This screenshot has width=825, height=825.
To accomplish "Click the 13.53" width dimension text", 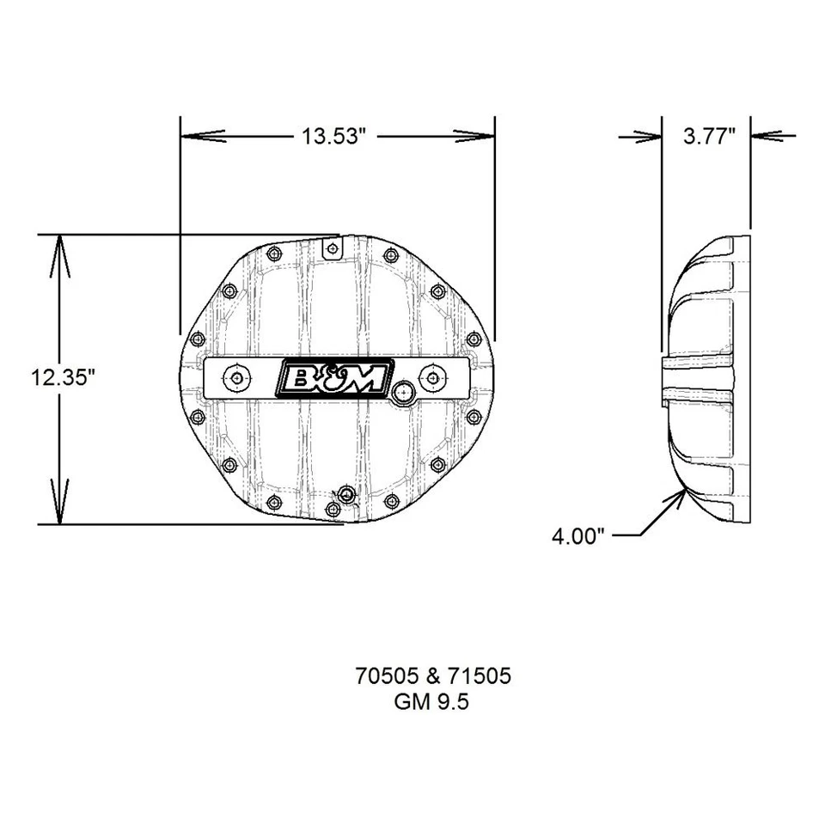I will pos(337,136).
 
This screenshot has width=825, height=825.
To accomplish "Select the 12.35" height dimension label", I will pos(59,377).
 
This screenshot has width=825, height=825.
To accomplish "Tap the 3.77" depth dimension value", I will pos(709,136).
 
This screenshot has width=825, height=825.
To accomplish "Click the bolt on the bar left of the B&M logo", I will pos(234,377).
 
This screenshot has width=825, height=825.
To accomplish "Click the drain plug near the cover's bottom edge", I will pos(345,494).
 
